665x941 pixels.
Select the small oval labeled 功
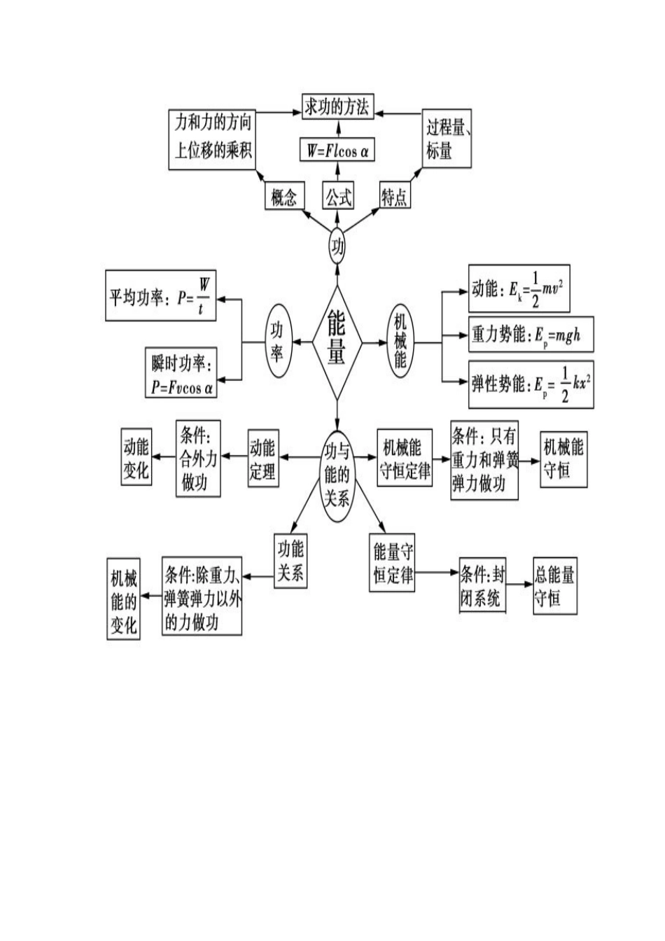click(337, 246)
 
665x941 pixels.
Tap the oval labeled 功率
click(276, 342)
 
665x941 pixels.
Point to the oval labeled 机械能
click(400, 342)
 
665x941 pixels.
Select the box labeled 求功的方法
click(337, 106)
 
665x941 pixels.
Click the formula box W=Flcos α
click(337, 150)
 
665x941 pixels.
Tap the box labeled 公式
click(337, 196)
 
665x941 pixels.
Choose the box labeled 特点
click(394, 197)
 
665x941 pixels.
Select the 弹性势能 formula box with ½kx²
click(530, 384)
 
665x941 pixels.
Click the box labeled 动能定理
click(262, 459)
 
